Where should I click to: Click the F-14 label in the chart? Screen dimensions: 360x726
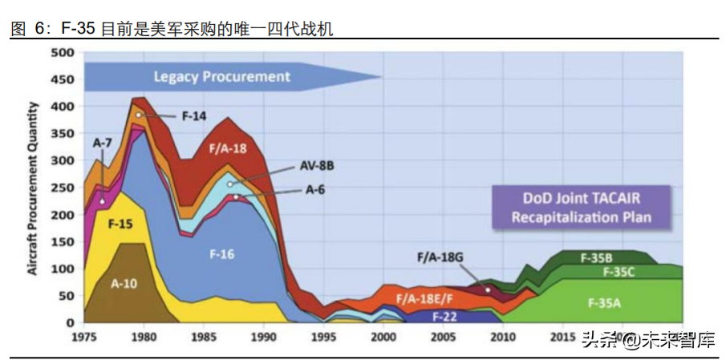(193, 115)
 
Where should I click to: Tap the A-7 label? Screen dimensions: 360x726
(102, 143)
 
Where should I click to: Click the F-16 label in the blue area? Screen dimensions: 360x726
(221, 254)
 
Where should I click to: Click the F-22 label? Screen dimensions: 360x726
(445, 316)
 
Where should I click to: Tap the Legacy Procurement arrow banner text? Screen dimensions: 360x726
(221, 77)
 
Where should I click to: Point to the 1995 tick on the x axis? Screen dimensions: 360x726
(323, 336)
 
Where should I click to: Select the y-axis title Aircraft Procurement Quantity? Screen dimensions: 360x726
(34, 188)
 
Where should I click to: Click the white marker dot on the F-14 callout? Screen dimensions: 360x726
(139, 115)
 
